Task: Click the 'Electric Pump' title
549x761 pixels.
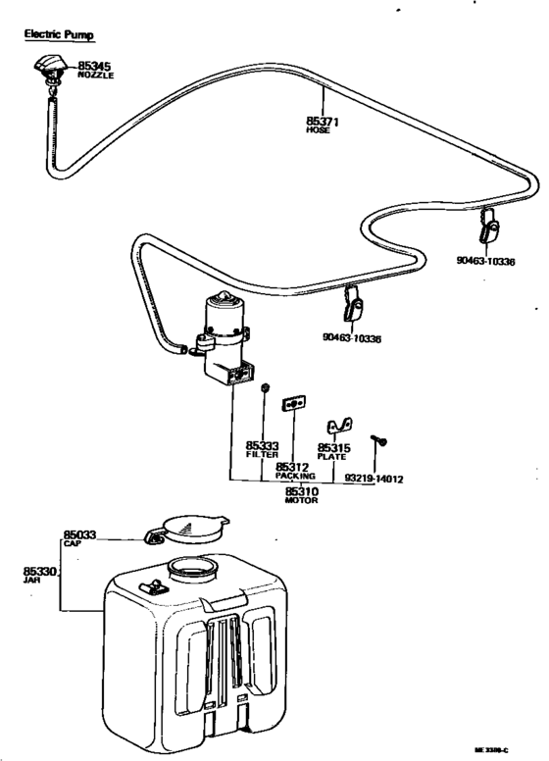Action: click(x=59, y=34)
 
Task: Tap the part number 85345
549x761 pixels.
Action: click(x=96, y=66)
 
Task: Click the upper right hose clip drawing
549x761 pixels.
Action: click(x=491, y=229)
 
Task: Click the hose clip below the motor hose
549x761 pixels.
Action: click(x=354, y=308)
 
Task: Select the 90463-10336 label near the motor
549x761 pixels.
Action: click(x=351, y=338)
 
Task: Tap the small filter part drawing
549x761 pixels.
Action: click(x=264, y=390)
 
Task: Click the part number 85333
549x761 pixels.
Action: click(x=262, y=446)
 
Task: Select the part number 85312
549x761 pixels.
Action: click(x=292, y=467)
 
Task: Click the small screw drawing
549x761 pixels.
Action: click(x=375, y=441)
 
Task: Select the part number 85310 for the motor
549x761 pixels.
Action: click(x=301, y=490)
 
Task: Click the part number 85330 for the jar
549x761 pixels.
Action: click(x=39, y=570)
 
